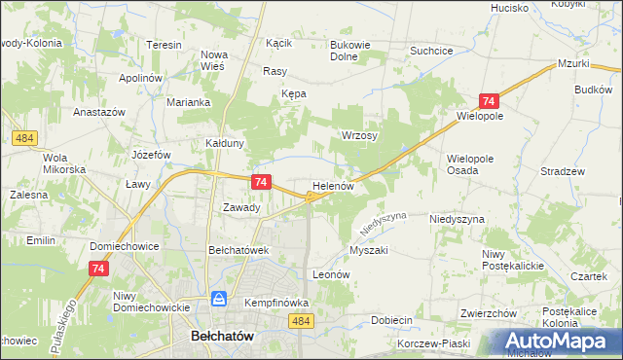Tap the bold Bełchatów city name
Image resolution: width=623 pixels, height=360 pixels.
coord(219,335)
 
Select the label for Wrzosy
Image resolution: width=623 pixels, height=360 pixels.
coord(359,136)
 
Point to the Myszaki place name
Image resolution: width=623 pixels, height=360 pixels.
coord(369,250)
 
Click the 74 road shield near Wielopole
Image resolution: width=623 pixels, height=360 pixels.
coord(489,101)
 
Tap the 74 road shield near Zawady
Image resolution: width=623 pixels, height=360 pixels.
coord(260,182)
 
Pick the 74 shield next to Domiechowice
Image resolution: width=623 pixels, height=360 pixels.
coord(98,269)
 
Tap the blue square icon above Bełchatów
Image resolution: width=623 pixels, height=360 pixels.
coord(220,299)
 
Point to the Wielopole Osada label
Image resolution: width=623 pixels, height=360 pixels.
coord(470,162)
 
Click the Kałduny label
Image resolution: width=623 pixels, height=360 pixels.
coord(224,142)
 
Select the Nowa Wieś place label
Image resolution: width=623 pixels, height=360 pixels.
coord(213,60)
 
